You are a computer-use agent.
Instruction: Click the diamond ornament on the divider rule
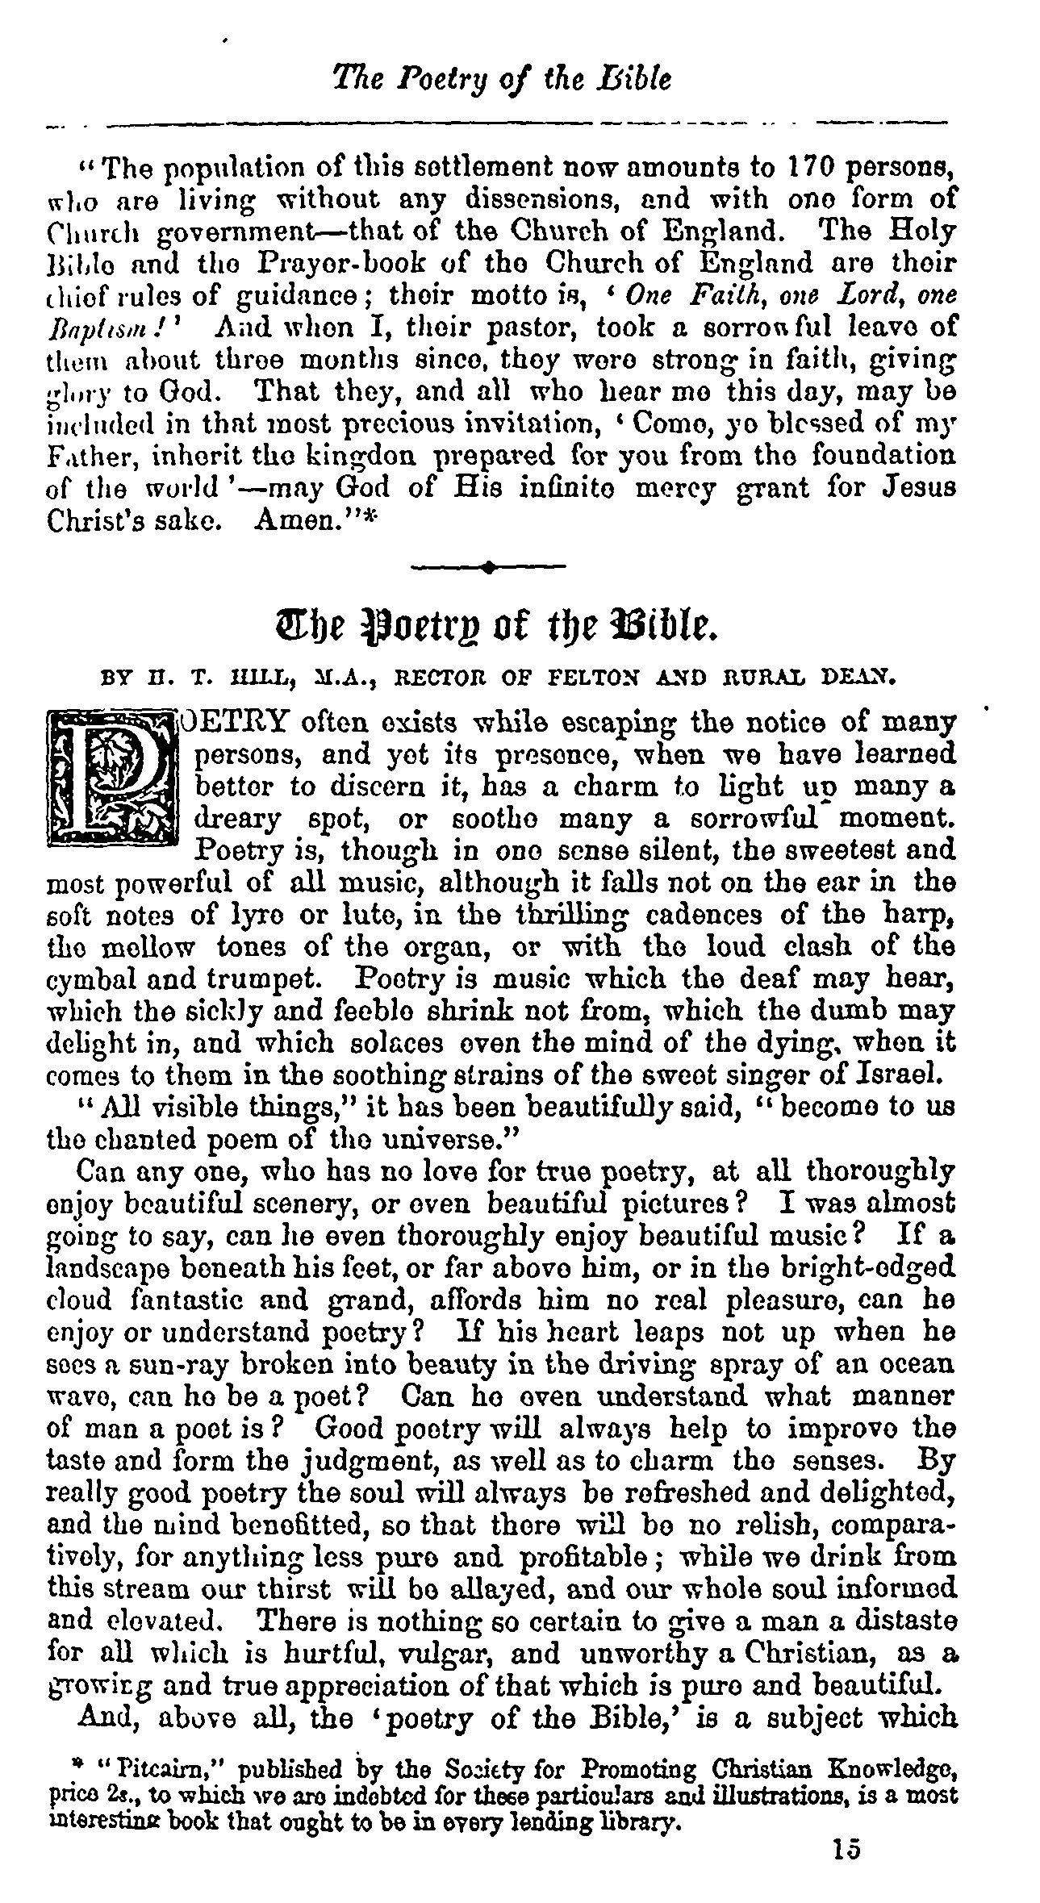coord(489,567)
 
